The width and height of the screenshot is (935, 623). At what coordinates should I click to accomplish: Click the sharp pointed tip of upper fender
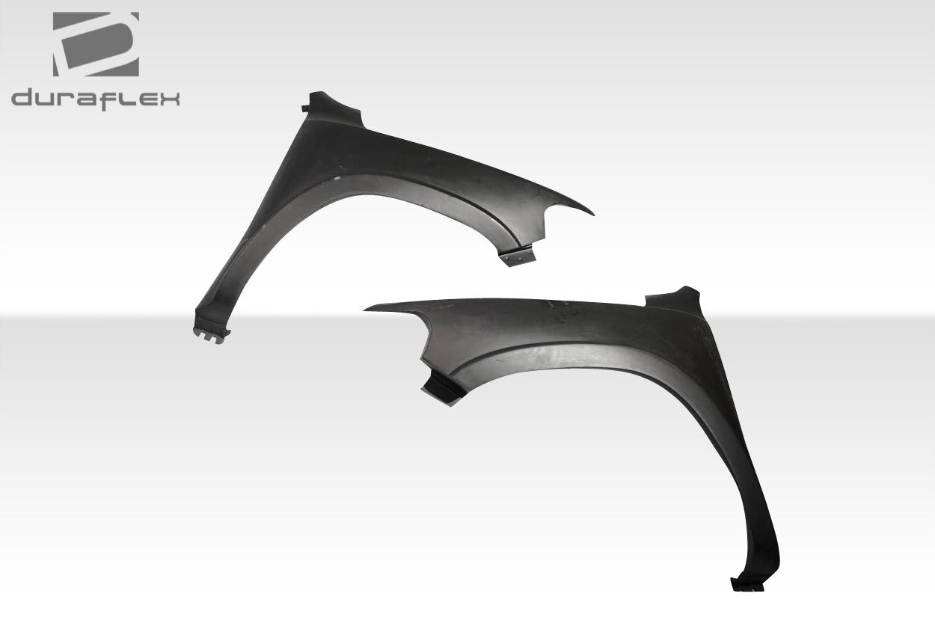tap(591, 214)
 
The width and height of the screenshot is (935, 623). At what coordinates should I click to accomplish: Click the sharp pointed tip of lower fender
tap(367, 309)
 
